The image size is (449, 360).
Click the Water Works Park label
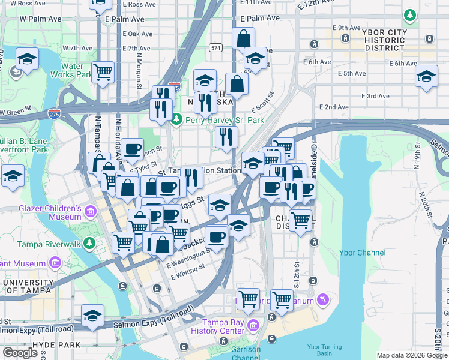click(x=71, y=71)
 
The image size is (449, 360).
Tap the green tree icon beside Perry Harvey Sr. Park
click(x=176, y=120)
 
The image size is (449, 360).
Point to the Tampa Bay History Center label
click(x=214, y=327)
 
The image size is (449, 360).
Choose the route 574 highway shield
click(x=215, y=47)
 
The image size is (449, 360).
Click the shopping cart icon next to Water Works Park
click(x=103, y=72)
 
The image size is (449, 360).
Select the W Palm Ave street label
click(x=40, y=19)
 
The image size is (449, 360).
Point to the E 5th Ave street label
click(x=352, y=73)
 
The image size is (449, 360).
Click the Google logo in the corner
click(x=20, y=353)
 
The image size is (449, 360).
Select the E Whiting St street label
click(x=188, y=272)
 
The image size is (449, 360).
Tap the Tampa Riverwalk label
click(x=48, y=244)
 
